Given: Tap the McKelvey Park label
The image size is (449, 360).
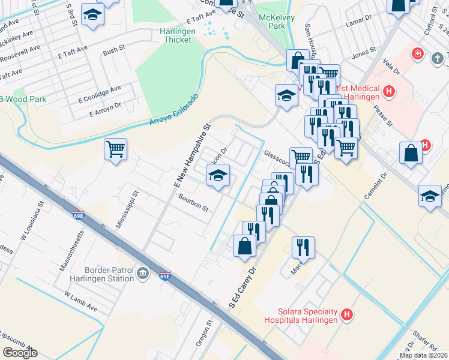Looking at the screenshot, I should pos(272,22).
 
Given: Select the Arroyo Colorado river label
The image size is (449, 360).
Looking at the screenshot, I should pos(173,111).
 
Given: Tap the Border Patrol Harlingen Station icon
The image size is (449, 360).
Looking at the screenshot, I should pos(143,274).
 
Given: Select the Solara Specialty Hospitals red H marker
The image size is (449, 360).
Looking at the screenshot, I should pos(346,314).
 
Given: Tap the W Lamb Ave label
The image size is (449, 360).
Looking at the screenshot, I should pos(80,301).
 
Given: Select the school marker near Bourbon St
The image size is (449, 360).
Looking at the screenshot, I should pos(217,175).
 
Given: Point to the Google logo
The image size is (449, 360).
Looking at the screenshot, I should pos(19,353).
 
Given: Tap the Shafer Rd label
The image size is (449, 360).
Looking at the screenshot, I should pos(425,343).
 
